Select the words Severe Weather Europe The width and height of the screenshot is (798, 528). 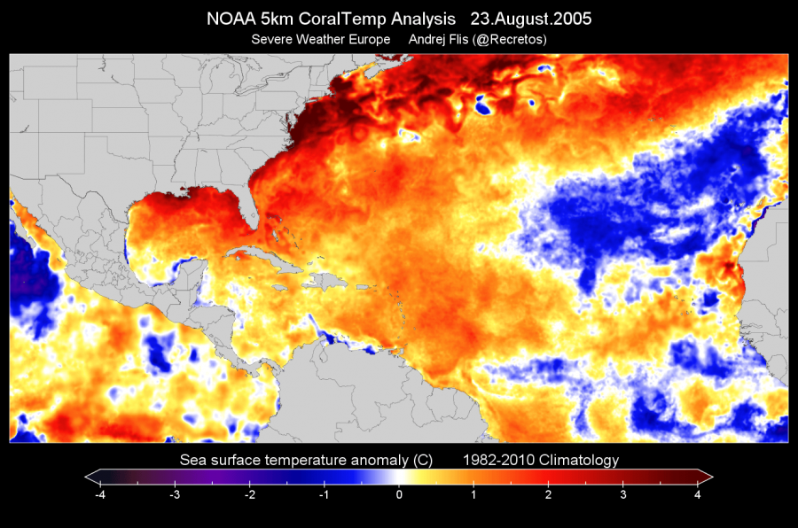coord(320,39)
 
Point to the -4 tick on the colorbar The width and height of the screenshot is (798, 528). coord(99,494)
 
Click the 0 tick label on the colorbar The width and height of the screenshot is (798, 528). coord(399,494)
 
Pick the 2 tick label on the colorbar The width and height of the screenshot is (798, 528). coord(549,494)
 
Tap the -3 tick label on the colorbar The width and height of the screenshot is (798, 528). coord(174,494)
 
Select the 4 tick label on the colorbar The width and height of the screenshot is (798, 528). coord(699,494)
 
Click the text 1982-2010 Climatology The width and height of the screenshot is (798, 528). coord(540,460)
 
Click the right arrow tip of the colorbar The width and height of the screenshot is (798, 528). coord(710,477)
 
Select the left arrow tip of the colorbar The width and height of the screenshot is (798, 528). coord(88,477)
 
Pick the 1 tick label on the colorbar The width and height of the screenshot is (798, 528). coord(474,494)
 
